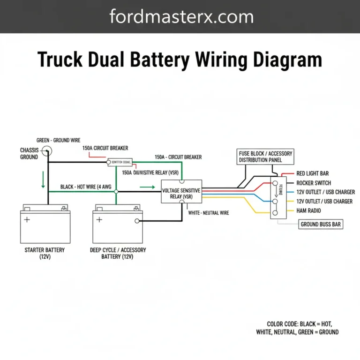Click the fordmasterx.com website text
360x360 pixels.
point(181,17)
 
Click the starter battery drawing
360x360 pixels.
point(44,225)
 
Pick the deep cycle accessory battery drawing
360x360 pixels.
point(117,225)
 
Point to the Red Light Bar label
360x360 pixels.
point(313,173)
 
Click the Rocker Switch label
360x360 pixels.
point(314,183)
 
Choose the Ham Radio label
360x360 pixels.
point(309,211)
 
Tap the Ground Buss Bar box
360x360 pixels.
point(321,225)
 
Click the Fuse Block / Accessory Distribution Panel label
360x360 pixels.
point(265,157)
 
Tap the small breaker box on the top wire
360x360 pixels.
point(120,162)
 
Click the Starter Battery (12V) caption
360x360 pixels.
point(45,254)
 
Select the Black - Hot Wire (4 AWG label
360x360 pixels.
point(86,187)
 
